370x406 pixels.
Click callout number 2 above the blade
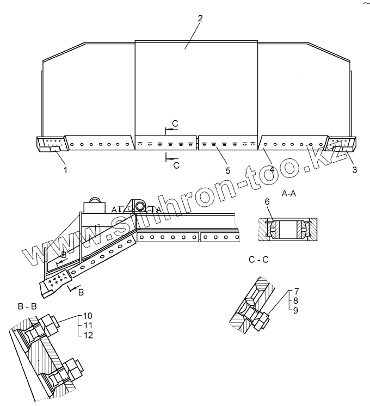click(200, 18)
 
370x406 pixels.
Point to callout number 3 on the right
click(354, 170)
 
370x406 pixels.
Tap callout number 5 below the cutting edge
click(227, 170)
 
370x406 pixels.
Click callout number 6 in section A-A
click(267, 201)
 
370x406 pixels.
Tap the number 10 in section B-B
click(89, 316)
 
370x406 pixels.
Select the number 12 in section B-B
click(89, 335)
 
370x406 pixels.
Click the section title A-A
click(288, 193)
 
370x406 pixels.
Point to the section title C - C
click(258, 260)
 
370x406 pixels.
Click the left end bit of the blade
click(51, 144)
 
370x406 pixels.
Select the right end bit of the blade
click(340, 145)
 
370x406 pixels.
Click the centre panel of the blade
click(196, 87)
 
